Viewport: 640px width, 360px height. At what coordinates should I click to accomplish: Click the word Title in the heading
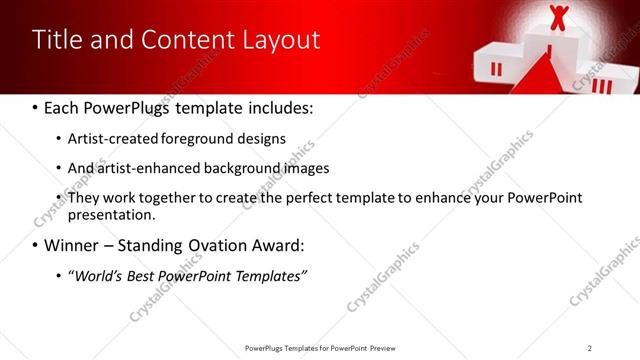pyautogui.click(x=57, y=40)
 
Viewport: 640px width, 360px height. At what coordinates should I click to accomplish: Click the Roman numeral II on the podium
pyautogui.click(x=496, y=68)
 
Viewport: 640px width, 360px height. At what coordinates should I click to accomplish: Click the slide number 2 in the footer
pyautogui.click(x=590, y=347)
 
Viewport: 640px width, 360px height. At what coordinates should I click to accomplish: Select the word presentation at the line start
pyautogui.click(x=111, y=214)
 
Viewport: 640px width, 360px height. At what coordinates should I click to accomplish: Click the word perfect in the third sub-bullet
pyautogui.click(x=289, y=198)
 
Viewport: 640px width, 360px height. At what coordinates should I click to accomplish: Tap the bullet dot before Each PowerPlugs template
pyautogui.click(x=36, y=107)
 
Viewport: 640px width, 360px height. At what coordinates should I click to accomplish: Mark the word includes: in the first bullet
pyautogui.click(x=281, y=107)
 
